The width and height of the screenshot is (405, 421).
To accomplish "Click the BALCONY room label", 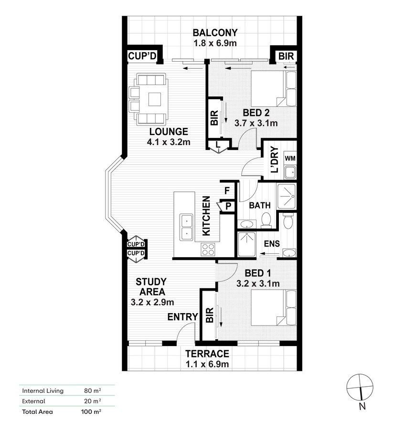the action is pos(215,33).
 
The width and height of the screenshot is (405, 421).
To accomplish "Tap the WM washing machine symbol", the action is pos(290,158).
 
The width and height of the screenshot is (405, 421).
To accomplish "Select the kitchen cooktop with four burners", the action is pos(208,250).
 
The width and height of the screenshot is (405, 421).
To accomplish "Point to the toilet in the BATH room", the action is pos(266,220).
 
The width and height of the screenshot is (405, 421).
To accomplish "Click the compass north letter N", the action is pos(362,406).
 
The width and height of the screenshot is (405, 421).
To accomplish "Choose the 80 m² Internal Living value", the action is pos(93,390).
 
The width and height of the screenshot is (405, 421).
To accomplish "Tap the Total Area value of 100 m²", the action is pos(91,411).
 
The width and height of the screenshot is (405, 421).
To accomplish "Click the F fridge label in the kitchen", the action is pos(227,190).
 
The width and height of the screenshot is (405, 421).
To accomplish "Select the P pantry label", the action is pos(228,206).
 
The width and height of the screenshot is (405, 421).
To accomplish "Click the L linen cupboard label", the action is pos(218,145).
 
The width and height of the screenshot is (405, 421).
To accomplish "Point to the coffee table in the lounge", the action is pos(154,100).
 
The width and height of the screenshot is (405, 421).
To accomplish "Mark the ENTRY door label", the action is pos(182,317).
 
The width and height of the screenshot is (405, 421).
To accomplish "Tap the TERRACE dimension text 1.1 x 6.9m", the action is pos(207,364).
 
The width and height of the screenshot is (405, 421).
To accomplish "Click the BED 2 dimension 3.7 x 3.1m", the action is pos(256,123).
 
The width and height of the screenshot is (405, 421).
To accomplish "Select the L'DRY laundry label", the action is pos(275,159).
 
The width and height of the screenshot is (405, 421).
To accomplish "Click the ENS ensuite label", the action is pos(272,243).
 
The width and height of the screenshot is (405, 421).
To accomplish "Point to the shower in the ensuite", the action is pos(246,244).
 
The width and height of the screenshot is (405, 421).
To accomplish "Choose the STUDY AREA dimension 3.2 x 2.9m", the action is pos(152,302).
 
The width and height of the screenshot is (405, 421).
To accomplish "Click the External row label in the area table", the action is pos(33,401).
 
